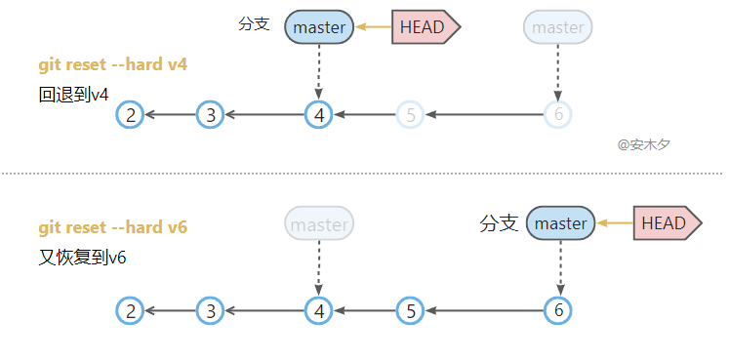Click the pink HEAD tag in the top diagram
[x=425, y=27]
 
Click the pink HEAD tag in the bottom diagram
[x=668, y=223]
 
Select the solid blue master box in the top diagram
[x=319, y=27]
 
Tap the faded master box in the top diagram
[x=558, y=27]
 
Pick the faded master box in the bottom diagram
[x=319, y=223]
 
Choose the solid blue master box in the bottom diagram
[x=561, y=223]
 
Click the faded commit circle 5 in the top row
[x=410, y=114]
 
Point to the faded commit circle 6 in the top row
[x=558, y=114]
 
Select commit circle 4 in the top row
[x=319, y=114]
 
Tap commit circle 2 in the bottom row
[x=130, y=311]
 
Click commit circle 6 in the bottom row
[x=558, y=311]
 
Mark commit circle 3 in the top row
[x=211, y=114]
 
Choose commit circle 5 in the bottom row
[x=410, y=311]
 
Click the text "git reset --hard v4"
[x=113, y=64]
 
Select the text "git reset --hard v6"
[x=113, y=227]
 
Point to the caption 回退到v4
[x=73, y=95]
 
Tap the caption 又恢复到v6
[x=82, y=258]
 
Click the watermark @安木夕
[x=644, y=144]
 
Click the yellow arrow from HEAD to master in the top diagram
[x=374, y=27]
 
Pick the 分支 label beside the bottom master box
[x=499, y=223]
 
